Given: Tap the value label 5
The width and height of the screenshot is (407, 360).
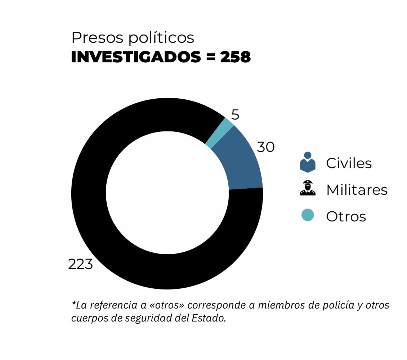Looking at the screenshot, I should click(235, 115).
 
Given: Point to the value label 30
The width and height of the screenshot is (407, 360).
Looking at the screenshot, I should click(266, 147).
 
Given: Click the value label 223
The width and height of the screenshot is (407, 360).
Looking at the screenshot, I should click(81, 265).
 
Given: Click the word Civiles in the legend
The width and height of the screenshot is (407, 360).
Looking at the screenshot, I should click(349, 163).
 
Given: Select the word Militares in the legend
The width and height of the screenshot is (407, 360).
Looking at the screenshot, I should click(357, 190).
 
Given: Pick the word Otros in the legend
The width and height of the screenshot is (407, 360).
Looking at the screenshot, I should click(346, 216).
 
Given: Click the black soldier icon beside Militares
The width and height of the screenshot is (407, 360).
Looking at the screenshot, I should click(307, 188).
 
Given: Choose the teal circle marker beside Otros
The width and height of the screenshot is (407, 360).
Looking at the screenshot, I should click(307, 215).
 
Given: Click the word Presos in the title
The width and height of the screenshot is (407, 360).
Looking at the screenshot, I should click(94, 38).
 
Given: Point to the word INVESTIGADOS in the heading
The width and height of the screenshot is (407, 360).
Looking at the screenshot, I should click(135, 57).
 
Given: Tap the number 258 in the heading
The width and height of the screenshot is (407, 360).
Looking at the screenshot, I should click(235, 57).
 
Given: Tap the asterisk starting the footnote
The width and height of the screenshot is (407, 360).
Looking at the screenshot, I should click(74, 304).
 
